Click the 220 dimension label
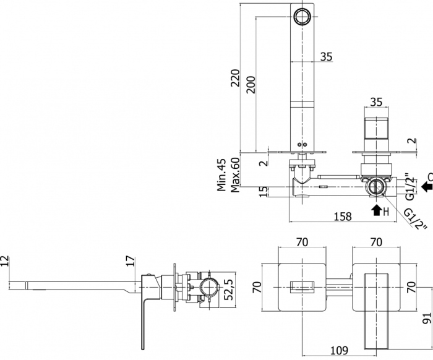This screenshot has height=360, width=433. pyautogui.click(x=235, y=78)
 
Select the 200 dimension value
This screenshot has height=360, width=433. pyautogui.click(x=251, y=85)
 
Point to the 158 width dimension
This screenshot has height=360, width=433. pyautogui.click(x=343, y=216)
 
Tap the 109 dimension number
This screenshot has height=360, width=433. pyautogui.click(x=339, y=350)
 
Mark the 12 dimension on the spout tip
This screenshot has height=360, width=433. pyautogui.click(x=5, y=260)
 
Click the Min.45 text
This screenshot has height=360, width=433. pyautogui.click(x=221, y=175)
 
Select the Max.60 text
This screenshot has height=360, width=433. pyautogui.click(x=235, y=175)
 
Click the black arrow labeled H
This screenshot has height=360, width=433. pyautogui.click(x=376, y=210)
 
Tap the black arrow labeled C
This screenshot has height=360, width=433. pyautogui.click(x=427, y=186)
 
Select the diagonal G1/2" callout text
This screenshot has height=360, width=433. pyautogui.click(x=415, y=219)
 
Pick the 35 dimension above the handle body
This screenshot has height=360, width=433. pyautogui.click(x=376, y=102)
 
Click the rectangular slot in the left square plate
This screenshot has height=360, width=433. pyautogui.click(x=302, y=287)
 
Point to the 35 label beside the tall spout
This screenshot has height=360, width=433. pyautogui.click(x=326, y=56)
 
